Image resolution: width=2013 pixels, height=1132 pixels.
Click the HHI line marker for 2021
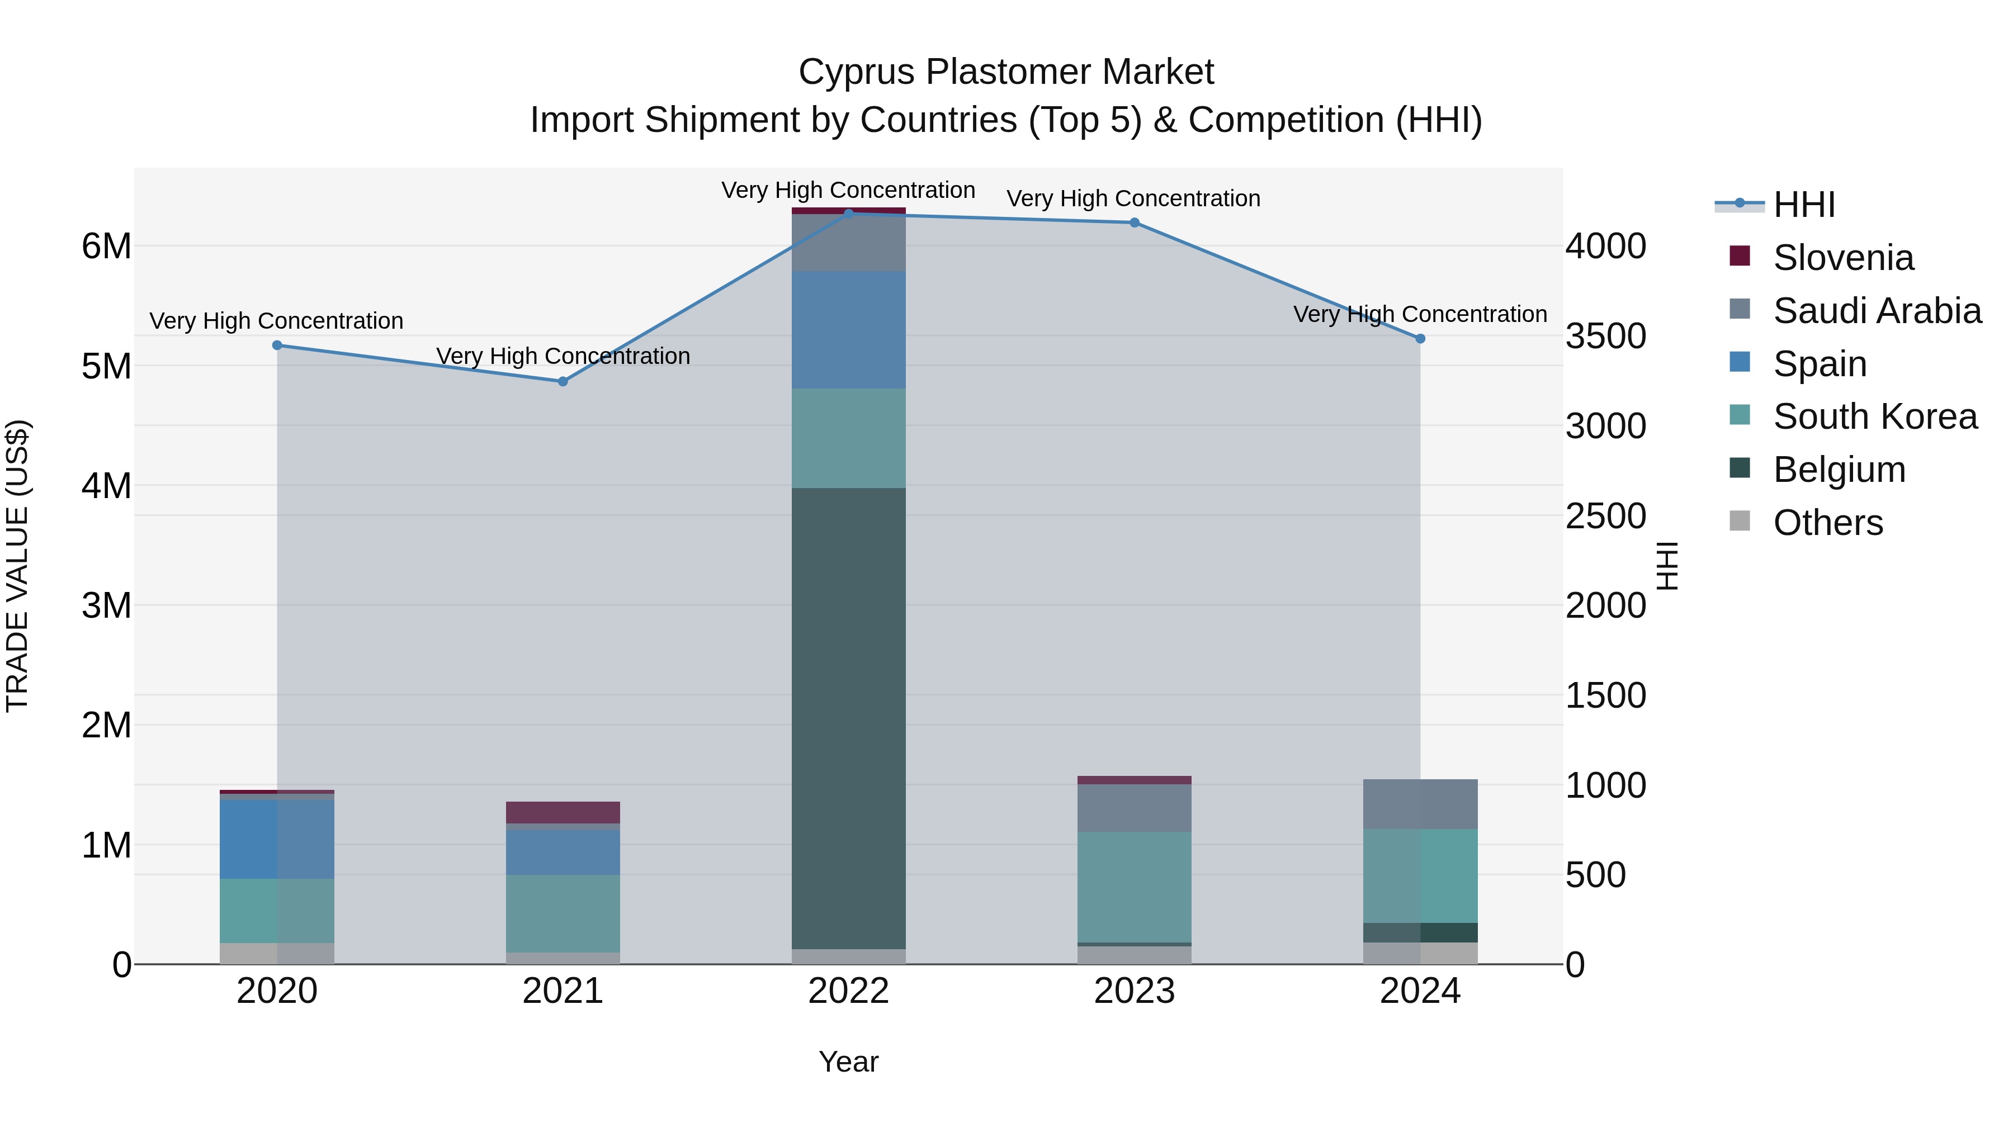click(563, 381)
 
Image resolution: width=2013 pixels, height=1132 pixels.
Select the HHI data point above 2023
click(1135, 222)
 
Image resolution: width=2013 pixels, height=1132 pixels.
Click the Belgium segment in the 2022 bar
click(849, 719)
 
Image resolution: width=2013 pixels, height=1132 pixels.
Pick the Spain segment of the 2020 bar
click(277, 839)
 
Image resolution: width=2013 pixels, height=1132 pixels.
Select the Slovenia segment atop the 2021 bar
click(563, 812)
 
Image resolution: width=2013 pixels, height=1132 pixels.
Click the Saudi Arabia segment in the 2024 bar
click(1421, 804)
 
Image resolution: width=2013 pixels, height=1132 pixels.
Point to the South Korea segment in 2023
click(1135, 887)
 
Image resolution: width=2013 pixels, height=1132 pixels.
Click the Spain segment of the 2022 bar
click(849, 330)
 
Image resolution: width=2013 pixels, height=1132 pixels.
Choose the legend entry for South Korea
click(1875, 416)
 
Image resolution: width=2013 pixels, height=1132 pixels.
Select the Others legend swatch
click(1740, 521)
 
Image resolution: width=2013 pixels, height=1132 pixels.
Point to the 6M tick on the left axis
click(106, 246)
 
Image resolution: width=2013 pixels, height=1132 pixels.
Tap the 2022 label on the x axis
click(849, 991)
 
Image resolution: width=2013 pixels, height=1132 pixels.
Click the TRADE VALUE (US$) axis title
click(18, 566)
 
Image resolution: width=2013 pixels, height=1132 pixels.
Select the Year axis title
click(849, 1062)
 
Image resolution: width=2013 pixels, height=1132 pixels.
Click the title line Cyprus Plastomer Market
click(1006, 72)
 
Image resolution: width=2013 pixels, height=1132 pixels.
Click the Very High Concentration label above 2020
click(277, 321)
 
